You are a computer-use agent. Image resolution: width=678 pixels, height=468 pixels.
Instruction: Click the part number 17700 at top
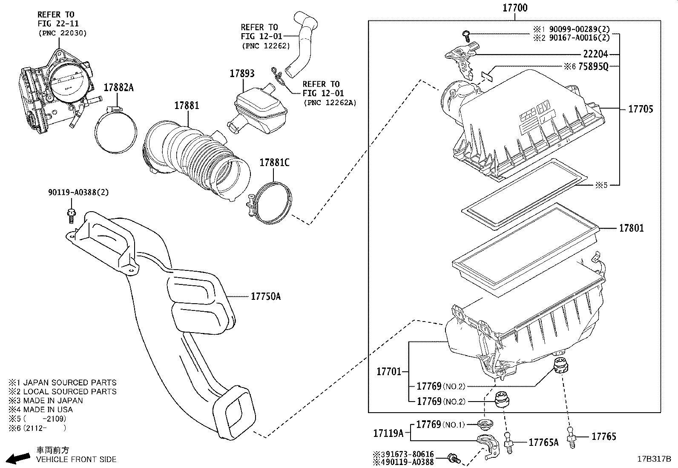coord(514,8)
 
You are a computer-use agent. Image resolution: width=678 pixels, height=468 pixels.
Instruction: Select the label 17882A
coord(118,88)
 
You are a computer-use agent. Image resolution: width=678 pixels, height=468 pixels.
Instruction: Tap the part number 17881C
coord(274,163)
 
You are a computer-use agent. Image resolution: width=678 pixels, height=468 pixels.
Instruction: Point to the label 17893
coord(242,73)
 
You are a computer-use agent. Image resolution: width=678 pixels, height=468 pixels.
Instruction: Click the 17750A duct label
coord(265,296)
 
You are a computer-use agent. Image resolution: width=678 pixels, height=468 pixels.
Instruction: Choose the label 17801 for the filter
coord(631,228)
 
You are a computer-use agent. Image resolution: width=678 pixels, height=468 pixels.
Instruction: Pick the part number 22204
coord(595,54)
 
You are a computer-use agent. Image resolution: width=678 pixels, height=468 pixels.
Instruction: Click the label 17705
coord(640,109)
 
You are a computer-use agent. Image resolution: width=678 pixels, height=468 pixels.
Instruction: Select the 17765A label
coord(543,442)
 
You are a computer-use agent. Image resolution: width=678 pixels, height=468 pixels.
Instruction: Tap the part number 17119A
coord(388,434)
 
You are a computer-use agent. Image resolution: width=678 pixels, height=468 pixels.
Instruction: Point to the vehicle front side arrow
coord(19,458)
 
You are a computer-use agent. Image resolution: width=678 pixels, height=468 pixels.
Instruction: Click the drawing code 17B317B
coord(654,459)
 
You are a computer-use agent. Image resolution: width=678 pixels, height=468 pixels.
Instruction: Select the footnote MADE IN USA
coord(48,410)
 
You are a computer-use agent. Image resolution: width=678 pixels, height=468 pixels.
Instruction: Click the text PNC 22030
coord(62,33)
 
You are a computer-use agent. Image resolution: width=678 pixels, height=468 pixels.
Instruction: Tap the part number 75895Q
coord(593,66)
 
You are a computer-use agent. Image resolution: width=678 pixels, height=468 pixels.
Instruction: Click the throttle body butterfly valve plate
coord(67,81)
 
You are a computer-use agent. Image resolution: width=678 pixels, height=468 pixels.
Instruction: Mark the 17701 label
coord(389,371)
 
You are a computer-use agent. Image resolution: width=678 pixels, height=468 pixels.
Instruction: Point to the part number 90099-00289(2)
coord(579,29)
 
